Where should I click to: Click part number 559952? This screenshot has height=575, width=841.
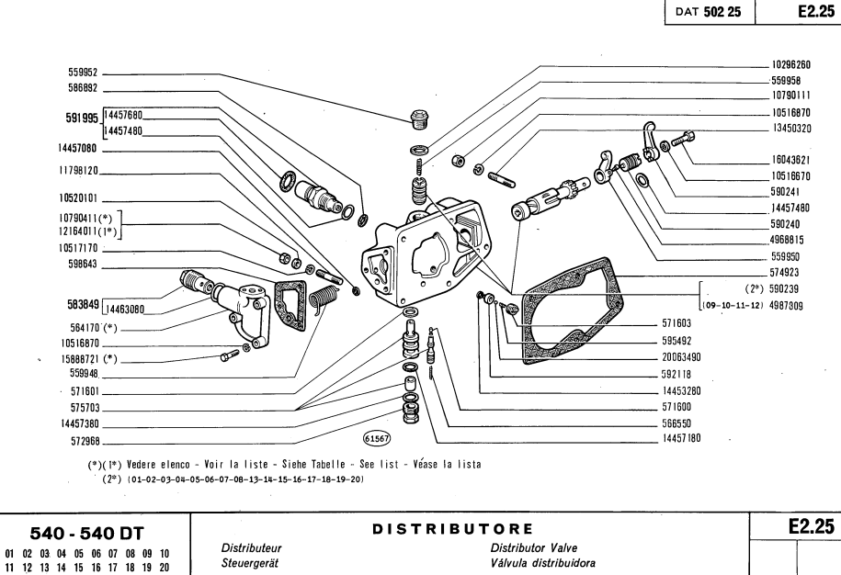[x=83, y=72]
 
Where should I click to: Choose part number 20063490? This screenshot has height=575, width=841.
[x=683, y=357]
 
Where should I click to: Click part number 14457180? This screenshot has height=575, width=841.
[x=681, y=439]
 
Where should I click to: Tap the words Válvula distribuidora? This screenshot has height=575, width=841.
[x=543, y=562]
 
